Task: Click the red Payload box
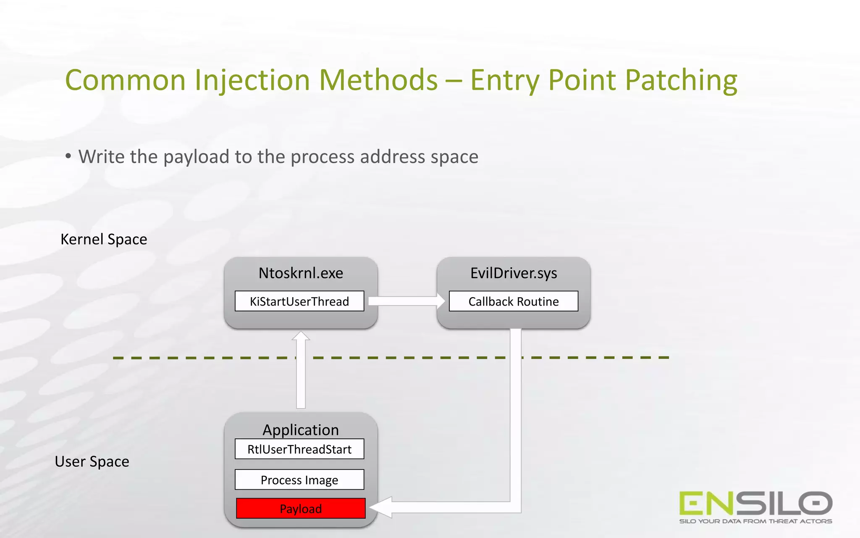pyautogui.click(x=301, y=509)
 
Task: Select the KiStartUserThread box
pyautogui.click(x=299, y=301)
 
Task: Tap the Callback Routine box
pyautogui.click(x=514, y=301)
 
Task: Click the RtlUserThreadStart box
pyautogui.click(x=299, y=449)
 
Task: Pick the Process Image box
pyautogui.click(x=299, y=480)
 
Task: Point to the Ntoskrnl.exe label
pyautogui.click(x=301, y=273)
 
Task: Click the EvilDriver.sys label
pyautogui.click(x=514, y=273)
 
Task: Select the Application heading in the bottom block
pyautogui.click(x=301, y=430)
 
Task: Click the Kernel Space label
pyautogui.click(x=104, y=239)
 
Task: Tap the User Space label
pyautogui.click(x=92, y=462)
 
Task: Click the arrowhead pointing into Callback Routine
pyautogui.click(x=440, y=301)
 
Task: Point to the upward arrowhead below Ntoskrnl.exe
pyautogui.click(x=301, y=336)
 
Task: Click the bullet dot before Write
pyautogui.click(x=68, y=156)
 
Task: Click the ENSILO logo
pyautogui.click(x=755, y=503)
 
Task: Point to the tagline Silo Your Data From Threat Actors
pyautogui.click(x=755, y=521)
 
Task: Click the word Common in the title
pyautogui.click(x=125, y=80)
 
